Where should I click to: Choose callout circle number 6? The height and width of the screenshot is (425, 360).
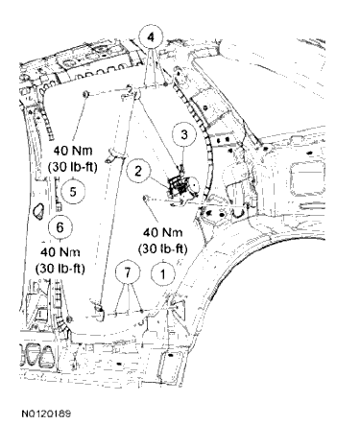(60, 227)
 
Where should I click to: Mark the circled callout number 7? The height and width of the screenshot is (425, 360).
(123, 272)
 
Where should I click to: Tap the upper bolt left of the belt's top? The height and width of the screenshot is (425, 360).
(87, 93)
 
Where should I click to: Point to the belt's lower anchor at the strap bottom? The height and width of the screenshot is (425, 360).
(100, 308)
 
